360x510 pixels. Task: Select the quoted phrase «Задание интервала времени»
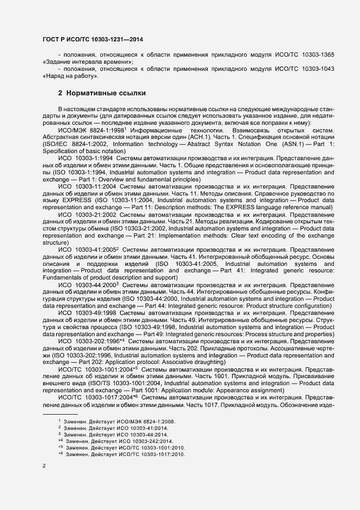87,62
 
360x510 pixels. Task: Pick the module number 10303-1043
316,68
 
